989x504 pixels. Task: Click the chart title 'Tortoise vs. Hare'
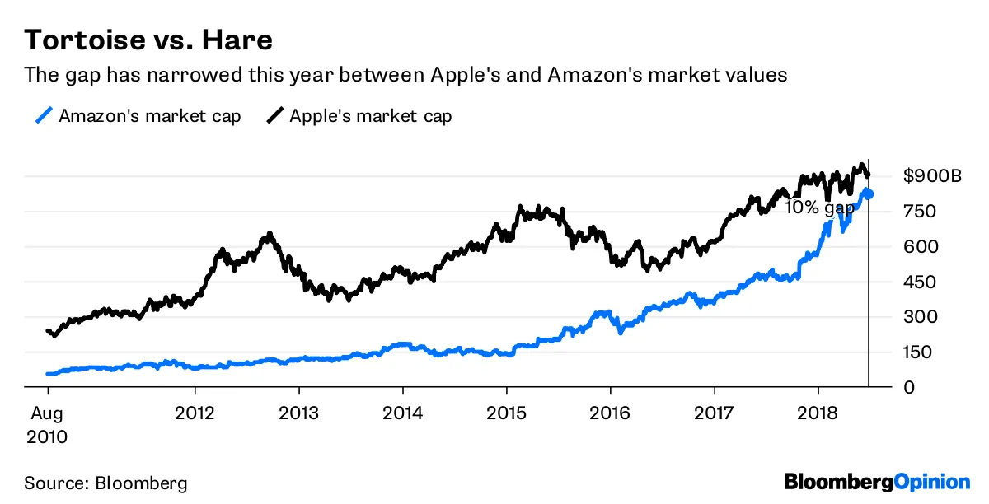(x=148, y=40)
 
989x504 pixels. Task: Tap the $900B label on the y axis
(x=931, y=176)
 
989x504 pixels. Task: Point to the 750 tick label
(x=920, y=212)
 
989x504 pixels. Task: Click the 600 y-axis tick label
(x=920, y=247)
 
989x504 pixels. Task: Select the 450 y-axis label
(x=920, y=282)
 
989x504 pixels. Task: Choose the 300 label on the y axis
(x=920, y=317)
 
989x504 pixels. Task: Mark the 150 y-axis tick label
(x=920, y=352)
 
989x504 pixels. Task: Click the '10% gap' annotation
(x=819, y=208)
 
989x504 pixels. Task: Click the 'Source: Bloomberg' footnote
(x=105, y=483)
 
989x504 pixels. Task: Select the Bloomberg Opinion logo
(x=877, y=482)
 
